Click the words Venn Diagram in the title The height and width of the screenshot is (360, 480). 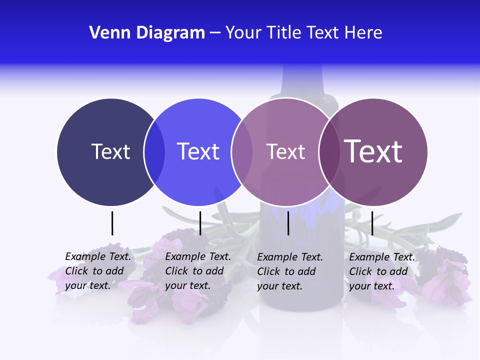(147, 33)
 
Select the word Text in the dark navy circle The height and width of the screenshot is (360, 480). (110, 151)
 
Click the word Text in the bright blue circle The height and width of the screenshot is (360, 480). (198, 151)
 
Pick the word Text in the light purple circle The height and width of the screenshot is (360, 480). (285, 151)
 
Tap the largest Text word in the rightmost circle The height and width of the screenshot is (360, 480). (373, 151)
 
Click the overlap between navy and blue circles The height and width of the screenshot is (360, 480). (154, 151)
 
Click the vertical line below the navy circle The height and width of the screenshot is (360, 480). (112, 223)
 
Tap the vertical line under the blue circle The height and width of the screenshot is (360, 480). (200, 223)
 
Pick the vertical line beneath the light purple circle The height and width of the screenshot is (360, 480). (288, 223)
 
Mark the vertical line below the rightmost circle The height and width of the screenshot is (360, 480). (372, 223)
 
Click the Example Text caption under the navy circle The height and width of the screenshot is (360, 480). (97, 271)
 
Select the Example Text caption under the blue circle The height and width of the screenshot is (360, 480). (197, 271)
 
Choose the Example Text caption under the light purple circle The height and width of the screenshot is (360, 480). (289, 271)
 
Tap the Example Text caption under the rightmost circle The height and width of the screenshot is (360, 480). (381, 271)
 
